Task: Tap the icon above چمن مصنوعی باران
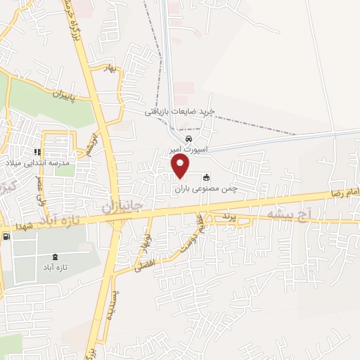point(206,177)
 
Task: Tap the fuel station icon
point(6,237)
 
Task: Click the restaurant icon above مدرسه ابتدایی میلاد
point(37,151)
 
